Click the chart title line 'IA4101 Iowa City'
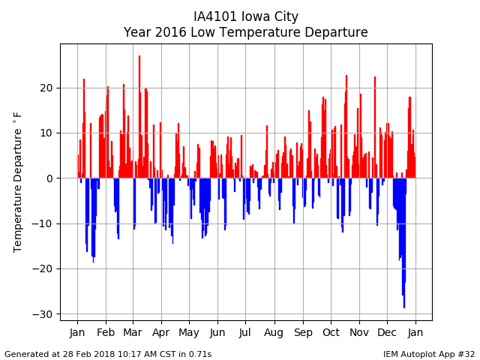[x=246, y=16]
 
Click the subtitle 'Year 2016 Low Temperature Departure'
[x=245, y=32]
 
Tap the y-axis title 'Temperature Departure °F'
[x=17, y=182]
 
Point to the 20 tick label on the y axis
[x=46, y=88]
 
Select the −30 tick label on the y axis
[x=42, y=314]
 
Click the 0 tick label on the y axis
[x=49, y=178]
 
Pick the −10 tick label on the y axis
[x=42, y=223]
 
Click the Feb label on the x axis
[x=106, y=332]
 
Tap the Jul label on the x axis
[x=245, y=332]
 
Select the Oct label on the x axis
[x=331, y=332]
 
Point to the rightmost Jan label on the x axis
[x=415, y=332]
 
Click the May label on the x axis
[x=189, y=333]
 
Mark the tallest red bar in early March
[x=139, y=117]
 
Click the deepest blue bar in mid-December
[x=404, y=243]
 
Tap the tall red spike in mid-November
[x=375, y=127]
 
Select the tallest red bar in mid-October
[x=346, y=127]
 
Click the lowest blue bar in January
[x=93, y=220]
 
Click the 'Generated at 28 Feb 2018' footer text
[x=108, y=354]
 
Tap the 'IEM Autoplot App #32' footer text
[x=429, y=354]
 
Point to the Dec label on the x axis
[x=387, y=332]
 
